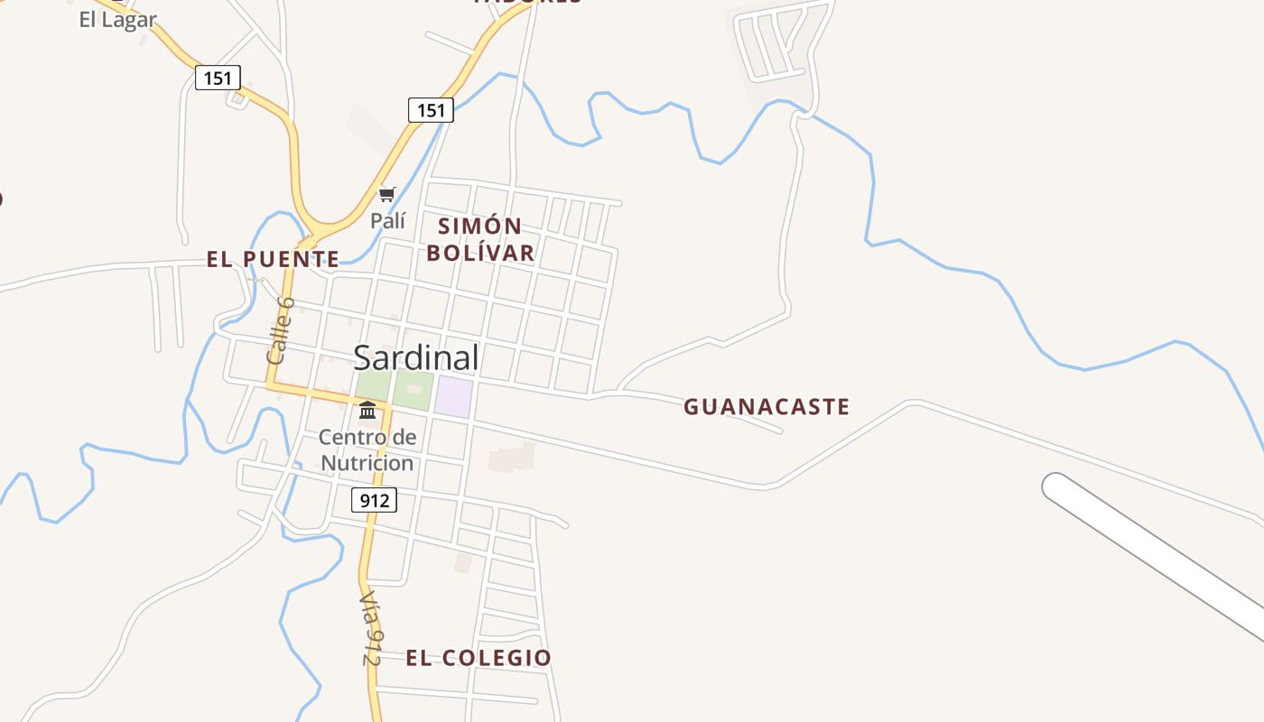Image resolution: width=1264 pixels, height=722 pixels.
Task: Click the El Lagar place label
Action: pos(117,19)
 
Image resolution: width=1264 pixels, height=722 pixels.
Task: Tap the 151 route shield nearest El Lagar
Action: pos(218,78)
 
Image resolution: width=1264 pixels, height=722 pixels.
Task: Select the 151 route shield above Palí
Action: pos(431,110)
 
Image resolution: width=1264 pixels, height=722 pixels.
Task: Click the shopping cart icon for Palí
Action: pos(387,194)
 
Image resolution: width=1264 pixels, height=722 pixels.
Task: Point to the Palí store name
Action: pos(388,220)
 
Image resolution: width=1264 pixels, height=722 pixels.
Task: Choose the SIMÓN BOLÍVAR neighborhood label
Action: pos(480,239)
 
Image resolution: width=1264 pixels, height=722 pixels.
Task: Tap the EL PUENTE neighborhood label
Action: pos(273,260)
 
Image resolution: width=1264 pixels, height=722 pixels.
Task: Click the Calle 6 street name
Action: pos(281,330)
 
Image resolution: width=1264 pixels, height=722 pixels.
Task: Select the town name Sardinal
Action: pos(416,357)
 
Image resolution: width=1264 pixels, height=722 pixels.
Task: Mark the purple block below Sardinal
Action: pos(453,397)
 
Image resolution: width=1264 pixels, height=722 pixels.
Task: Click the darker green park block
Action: pos(372,387)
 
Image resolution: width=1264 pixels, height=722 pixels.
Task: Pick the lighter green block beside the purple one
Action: pos(412,390)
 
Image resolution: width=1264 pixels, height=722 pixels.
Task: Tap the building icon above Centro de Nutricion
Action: pos(367,412)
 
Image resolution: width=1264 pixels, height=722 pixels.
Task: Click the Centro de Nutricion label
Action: pos(367,450)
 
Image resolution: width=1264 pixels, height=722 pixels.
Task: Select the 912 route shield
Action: pos(373,499)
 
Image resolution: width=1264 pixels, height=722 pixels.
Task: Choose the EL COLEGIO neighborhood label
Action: pos(478,658)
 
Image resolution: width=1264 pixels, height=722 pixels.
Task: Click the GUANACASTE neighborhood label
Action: pos(767,407)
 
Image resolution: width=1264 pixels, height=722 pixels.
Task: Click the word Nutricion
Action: pos(367,463)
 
